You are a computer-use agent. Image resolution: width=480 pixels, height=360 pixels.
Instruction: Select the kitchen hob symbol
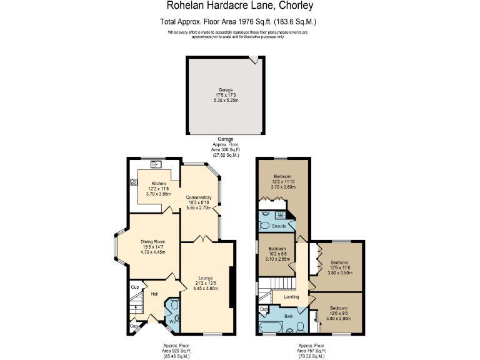pos(134,182)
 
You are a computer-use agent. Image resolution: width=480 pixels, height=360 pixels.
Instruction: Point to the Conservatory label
pos(199,197)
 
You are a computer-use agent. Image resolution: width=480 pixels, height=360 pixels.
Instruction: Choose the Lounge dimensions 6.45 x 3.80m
pos(206,289)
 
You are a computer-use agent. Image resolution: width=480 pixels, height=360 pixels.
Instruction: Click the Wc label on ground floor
pos(171,322)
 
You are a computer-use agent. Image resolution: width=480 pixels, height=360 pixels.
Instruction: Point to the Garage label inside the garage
pos(226,90)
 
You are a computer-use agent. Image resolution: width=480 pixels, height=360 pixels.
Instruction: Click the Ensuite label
pos(279,226)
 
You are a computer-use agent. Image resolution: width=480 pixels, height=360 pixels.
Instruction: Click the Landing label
pos(291,297)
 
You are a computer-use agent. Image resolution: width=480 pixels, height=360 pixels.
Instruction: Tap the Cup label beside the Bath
pos(264,309)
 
